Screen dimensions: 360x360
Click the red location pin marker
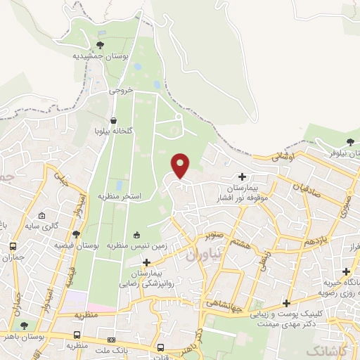[x=181, y=165]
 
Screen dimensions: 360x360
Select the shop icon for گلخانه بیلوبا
[x=114, y=120]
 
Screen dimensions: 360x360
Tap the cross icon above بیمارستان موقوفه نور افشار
[x=243, y=177]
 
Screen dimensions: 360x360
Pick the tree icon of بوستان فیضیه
[x=76, y=235]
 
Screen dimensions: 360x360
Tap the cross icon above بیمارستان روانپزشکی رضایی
[x=146, y=262]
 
